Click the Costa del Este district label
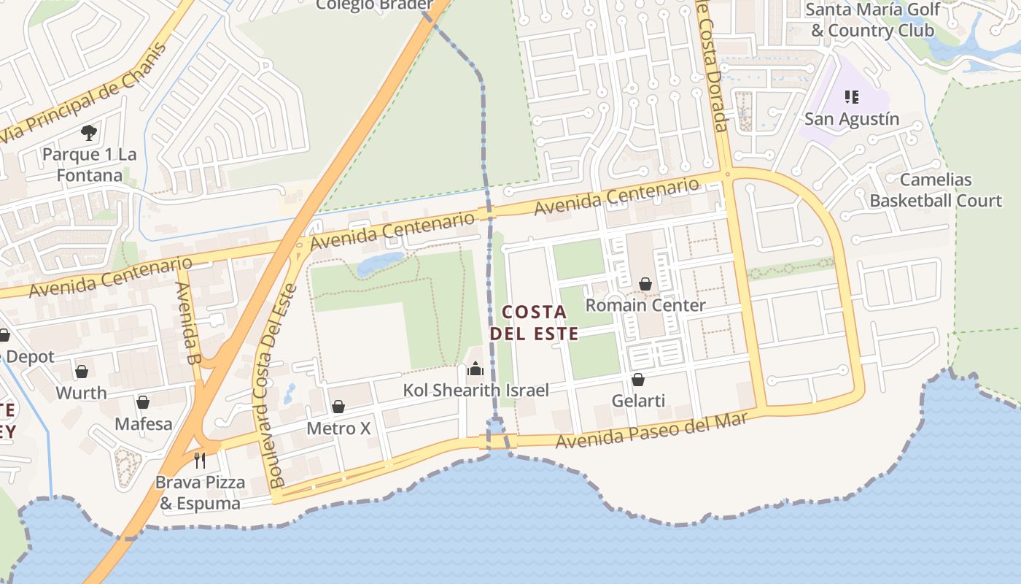(x=534, y=323)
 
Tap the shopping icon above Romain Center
(x=645, y=283)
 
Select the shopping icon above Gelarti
(x=638, y=380)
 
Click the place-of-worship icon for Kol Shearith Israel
(x=475, y=369)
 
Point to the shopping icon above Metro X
(x=338, y=407)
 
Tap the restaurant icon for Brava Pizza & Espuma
(x=201, y=460)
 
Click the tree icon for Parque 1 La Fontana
(x=89, y=133)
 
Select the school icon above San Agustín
(x=851, y=96)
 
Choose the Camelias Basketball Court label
(x=936, y=190)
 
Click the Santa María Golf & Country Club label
(x=872, y=20)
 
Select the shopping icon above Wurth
(x=82, y=372)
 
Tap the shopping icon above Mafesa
(x=143, y=402)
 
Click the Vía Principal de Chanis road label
(x=83, y=93)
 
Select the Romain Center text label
(x=645, y=305)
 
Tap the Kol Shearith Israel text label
(x=475, y=391)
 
